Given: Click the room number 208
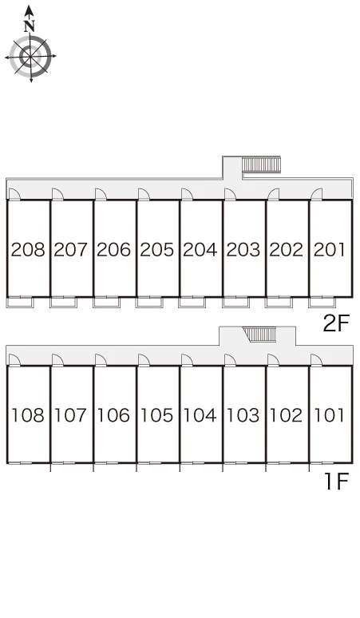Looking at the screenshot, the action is pos(28,250).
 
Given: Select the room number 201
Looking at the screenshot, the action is pos(330,250).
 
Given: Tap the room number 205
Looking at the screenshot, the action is pos(156,250).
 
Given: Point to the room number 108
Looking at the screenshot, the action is pos(28,415).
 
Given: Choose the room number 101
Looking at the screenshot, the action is pos(330,415).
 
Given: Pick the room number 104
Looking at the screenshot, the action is pos(200,415).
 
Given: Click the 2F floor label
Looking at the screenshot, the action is pos(336,324).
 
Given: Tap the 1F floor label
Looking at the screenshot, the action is pos(337,481).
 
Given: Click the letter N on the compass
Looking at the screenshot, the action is pos(30,26).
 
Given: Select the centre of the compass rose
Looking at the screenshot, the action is pos(30,57).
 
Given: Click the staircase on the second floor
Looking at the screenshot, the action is pos(261,164).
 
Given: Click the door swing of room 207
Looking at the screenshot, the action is pos(57,194).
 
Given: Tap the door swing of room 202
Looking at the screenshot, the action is pos(273,194).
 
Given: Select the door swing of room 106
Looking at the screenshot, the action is pos(101,360).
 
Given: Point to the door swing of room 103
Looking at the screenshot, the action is pos(231,360).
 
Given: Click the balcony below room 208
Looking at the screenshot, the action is pos(21,302).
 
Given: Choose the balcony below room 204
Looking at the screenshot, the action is pos(192,302).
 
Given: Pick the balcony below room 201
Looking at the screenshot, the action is pos(322,302).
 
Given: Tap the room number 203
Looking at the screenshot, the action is pos(243,250).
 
